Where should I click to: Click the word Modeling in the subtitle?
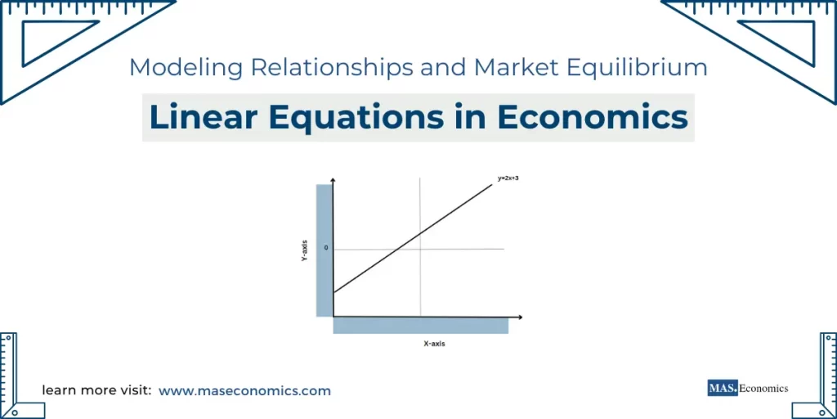pyautogui.click(x=186, y=68)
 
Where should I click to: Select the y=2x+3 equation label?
pyautogui.click(x=508, y=178)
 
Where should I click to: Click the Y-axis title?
pyautogui.click(x=304, y=250)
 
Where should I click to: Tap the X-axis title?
pyautogui.click(x=434, y=344)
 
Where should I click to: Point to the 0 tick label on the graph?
pyautogui.click(x=326, y=246)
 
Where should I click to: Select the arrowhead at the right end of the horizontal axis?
pyautogui.click(x=519, y=316)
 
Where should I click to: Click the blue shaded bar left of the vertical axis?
pyautogui.click(x=324, y=250)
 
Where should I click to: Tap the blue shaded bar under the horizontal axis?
pyautogui.click(x=420, y=326)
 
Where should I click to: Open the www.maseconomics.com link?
pyautogui.click(x=244, y=391)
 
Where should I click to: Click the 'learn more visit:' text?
pyautogui.click(x=96, y=391)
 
